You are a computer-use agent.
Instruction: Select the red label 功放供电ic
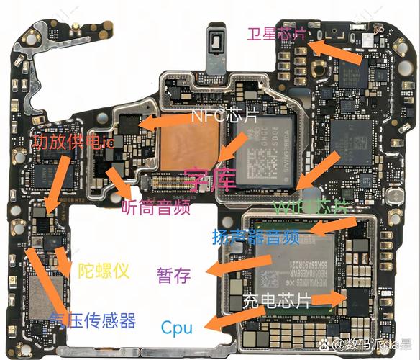tap(73, 143)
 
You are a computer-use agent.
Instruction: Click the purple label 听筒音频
tap(155, 209)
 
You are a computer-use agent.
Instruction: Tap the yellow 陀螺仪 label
tap(104, 271)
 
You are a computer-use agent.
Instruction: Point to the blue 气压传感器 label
tap(93, 320)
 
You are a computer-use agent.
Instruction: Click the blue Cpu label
tap(176, 328)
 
